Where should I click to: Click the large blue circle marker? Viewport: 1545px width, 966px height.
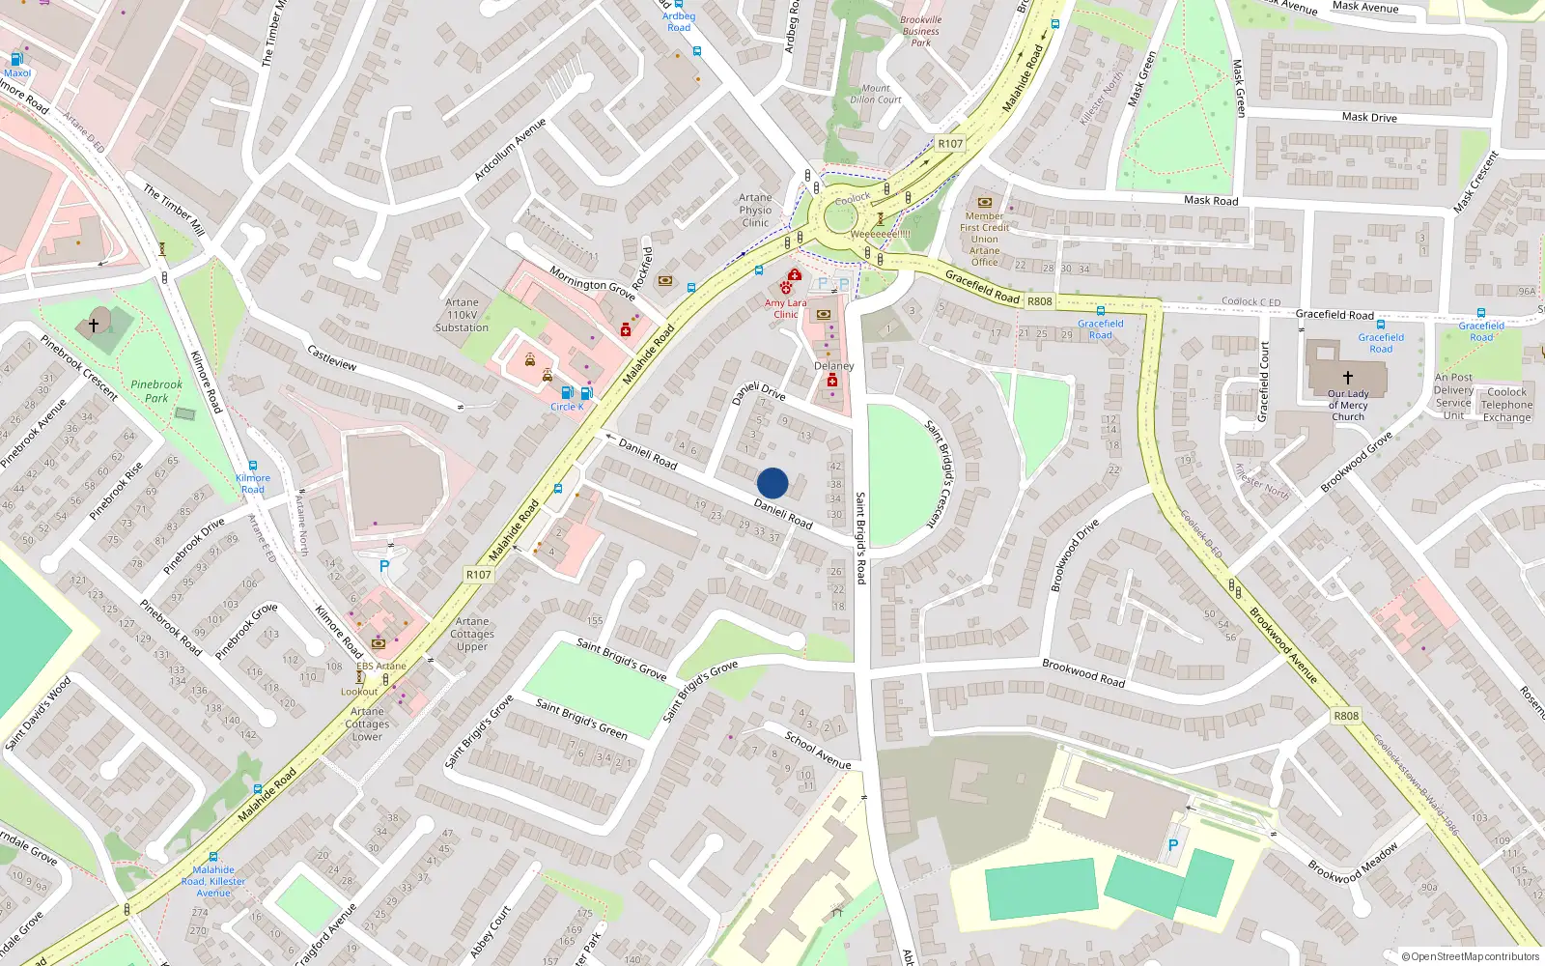(772, 483)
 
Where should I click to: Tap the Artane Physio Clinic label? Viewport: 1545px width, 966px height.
(755, 210)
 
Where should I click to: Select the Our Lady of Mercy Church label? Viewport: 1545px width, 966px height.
(1348, 406)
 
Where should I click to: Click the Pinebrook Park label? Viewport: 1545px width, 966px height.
(156, 391)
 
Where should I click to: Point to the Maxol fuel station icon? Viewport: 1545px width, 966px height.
(16, 59)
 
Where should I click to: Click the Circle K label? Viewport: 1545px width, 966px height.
(567, 407)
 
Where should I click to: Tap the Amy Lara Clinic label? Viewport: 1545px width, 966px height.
(786, 309)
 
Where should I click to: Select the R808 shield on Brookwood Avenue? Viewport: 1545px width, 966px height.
(1346, 716)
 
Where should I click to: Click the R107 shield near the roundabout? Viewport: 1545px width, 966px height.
(950, 144)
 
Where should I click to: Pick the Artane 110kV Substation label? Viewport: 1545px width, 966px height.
(462, 315)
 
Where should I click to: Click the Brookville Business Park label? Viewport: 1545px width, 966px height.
(920, 31)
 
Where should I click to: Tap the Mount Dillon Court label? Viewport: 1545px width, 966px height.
(876, 94)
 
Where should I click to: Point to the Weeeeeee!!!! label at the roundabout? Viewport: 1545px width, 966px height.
(880, 234)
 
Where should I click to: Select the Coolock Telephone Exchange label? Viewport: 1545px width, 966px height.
(1506, 405)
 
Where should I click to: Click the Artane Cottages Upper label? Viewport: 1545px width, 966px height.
(472, 634)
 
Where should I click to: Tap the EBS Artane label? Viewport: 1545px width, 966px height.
(381, 667)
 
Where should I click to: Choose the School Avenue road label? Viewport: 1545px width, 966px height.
(818, 751)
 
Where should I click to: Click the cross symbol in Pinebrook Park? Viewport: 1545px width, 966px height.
(94, 326)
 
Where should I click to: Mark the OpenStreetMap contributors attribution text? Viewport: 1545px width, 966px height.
(1470, 957)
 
